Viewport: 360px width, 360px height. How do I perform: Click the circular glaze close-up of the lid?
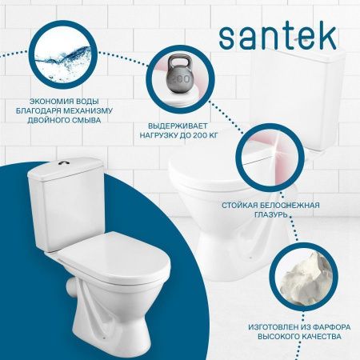tap(267, 160)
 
